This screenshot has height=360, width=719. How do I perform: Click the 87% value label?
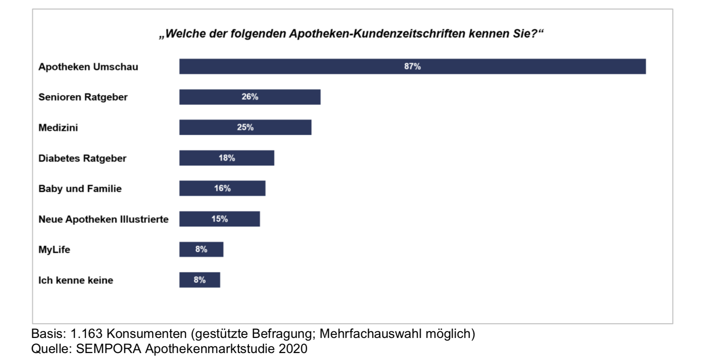(412, 67)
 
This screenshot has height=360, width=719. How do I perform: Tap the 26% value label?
(250, 97)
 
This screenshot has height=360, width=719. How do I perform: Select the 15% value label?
(219, 219)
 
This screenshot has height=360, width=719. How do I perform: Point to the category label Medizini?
(58, 128)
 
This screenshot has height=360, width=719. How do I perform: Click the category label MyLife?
(54, 250)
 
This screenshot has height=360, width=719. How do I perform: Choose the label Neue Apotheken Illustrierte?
(103, 219)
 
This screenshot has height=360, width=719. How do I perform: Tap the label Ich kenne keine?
(76, 280)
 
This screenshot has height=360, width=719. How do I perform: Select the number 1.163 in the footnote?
(86, 333)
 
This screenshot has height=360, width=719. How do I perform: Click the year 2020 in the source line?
(293, 349)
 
